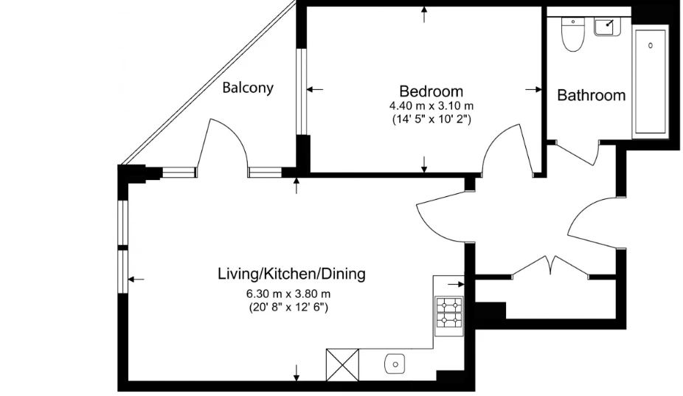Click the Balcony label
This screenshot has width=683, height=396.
click(x=248, y=88)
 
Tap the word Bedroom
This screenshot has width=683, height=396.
click(x=431, y=91)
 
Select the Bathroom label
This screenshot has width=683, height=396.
click(x=591, y=95)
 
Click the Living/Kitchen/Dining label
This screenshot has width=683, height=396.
click(x=291, y=274)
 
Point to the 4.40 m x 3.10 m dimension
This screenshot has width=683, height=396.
click(x=431, y=106)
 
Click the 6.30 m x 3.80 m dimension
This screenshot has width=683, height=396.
click(x=288, y=294)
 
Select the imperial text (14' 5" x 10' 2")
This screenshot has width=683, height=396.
click(x=431, y=119)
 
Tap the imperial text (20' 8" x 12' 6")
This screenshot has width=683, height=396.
click(x=288, y=308)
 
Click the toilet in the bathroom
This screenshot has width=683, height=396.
click(x=573, y=35)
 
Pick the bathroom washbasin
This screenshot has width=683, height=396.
click(x=607, y=27)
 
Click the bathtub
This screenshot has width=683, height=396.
click(x=651, y=81)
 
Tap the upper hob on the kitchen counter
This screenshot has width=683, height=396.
click(x=449, y=305)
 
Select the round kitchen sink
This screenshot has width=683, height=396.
click(x=395, y=364)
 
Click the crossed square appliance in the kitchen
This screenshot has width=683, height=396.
click(x=342, y=364)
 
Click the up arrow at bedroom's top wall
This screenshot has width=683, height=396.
click(x=424, y=14)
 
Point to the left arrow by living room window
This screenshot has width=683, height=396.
click(x=136, y=279)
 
